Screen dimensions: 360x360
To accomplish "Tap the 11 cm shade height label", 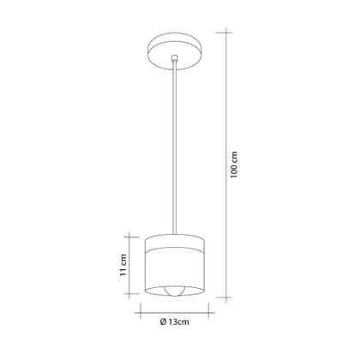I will [x=124, y=265].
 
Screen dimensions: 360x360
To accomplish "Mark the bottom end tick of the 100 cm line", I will [x=226, y=299].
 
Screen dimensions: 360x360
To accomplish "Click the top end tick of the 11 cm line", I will [x=133, y=234].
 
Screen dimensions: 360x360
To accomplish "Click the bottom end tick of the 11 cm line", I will [x=133, y=297].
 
